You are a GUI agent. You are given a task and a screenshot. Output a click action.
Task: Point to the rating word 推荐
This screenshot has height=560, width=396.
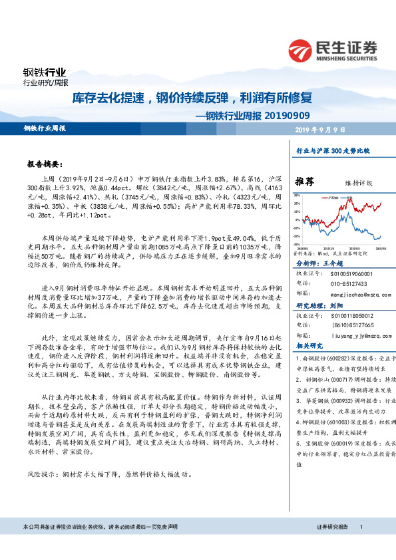pyautogui.click(x=305, y=182)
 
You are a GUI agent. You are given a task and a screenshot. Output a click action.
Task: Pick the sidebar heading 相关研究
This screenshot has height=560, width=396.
pyautogui.click(x=309, y=346)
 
